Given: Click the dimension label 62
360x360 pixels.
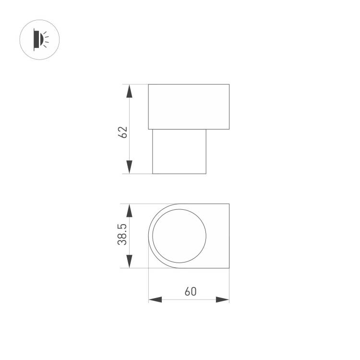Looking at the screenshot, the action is [122, 132].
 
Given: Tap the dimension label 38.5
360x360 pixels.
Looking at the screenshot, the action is [122, 234].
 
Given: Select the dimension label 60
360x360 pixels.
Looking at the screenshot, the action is [191, 291].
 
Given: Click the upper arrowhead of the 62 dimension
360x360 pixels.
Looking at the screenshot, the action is [129, 91].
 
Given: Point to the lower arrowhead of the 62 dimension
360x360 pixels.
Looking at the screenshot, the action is [129, 167].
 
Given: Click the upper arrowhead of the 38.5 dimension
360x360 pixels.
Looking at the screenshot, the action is [129, 211].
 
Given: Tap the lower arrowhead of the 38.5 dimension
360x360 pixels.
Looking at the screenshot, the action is [129, 261].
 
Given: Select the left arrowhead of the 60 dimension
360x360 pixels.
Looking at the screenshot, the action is [155, 300].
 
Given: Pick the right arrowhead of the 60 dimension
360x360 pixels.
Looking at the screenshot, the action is [222, 300].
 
